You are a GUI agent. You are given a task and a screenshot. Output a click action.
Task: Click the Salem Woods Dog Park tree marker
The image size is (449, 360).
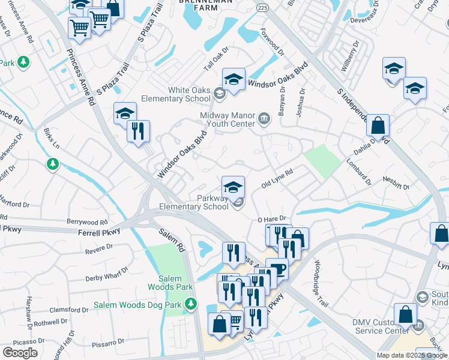[x=191, y=304]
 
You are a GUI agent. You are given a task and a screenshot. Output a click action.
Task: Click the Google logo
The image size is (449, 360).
[x=20, y=353]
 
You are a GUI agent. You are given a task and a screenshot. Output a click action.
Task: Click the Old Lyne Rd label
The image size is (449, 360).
[x=277, y=179]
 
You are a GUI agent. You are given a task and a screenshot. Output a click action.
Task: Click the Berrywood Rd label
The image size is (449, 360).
[x=88, y=221]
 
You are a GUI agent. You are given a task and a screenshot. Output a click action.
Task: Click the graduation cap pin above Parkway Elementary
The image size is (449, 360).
[x=234, y=187]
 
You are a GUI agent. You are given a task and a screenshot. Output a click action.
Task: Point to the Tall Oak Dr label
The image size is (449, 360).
[x=217, y=59]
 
